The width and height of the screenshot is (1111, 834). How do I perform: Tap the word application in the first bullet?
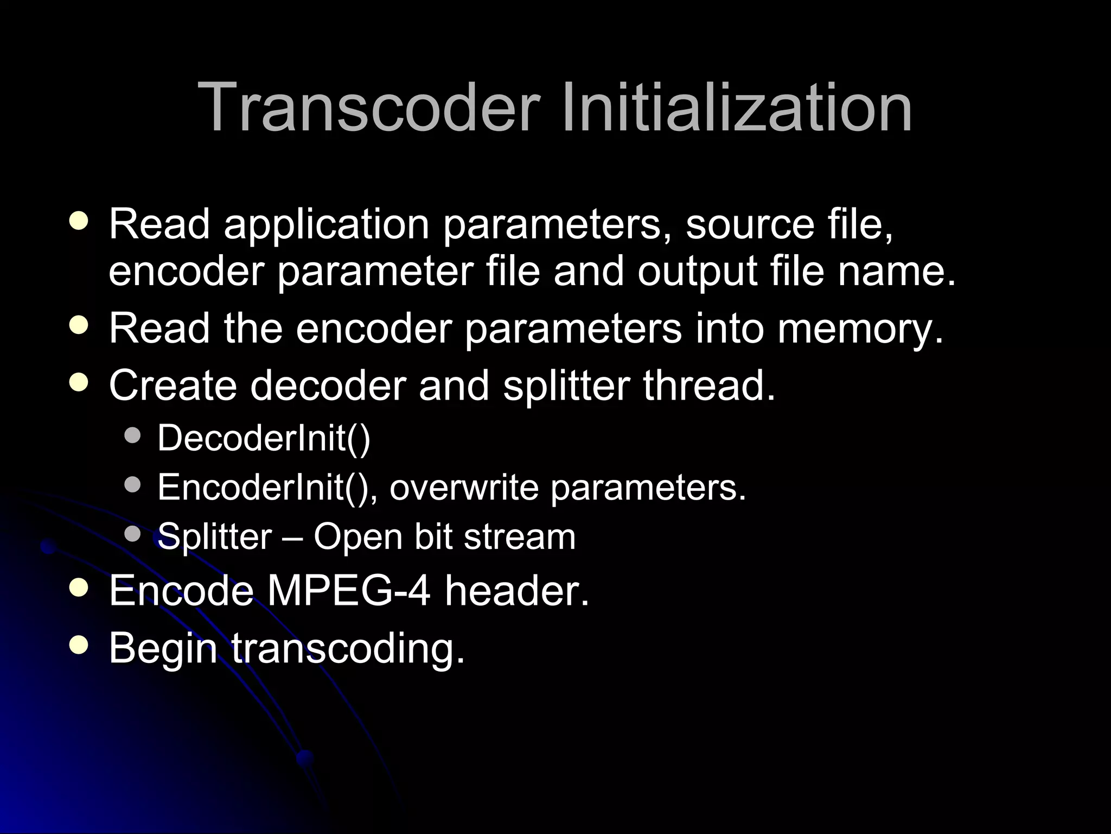tap(327, 225)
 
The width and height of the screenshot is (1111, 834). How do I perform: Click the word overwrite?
tap(464, 487)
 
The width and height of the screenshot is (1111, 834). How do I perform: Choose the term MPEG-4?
tap(349, 591)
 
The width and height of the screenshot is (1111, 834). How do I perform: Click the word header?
tap(517, 591)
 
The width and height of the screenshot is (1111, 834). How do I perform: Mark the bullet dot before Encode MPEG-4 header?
tap(79, 588)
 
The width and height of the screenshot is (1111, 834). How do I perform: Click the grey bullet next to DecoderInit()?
tap(132, 435)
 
